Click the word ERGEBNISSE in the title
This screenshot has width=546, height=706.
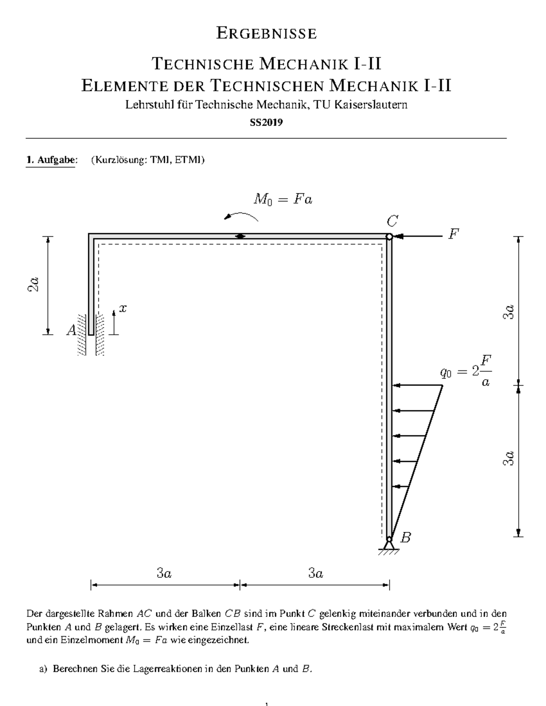click(266, 34)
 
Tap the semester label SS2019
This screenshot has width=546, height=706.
click(266, 122)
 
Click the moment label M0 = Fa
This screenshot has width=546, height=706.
click(283, 200)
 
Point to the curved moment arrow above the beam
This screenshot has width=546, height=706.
click(242, 216)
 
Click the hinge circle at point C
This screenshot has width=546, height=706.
click(389, 236)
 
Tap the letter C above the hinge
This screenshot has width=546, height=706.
click(392, 222)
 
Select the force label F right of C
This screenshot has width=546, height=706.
click(453, 235)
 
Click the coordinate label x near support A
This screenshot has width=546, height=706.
click(123, 309)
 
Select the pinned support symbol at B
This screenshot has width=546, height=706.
click(389, 545)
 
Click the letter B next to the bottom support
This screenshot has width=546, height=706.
click(405, 538)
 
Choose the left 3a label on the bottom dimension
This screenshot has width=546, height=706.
click(164, 574)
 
